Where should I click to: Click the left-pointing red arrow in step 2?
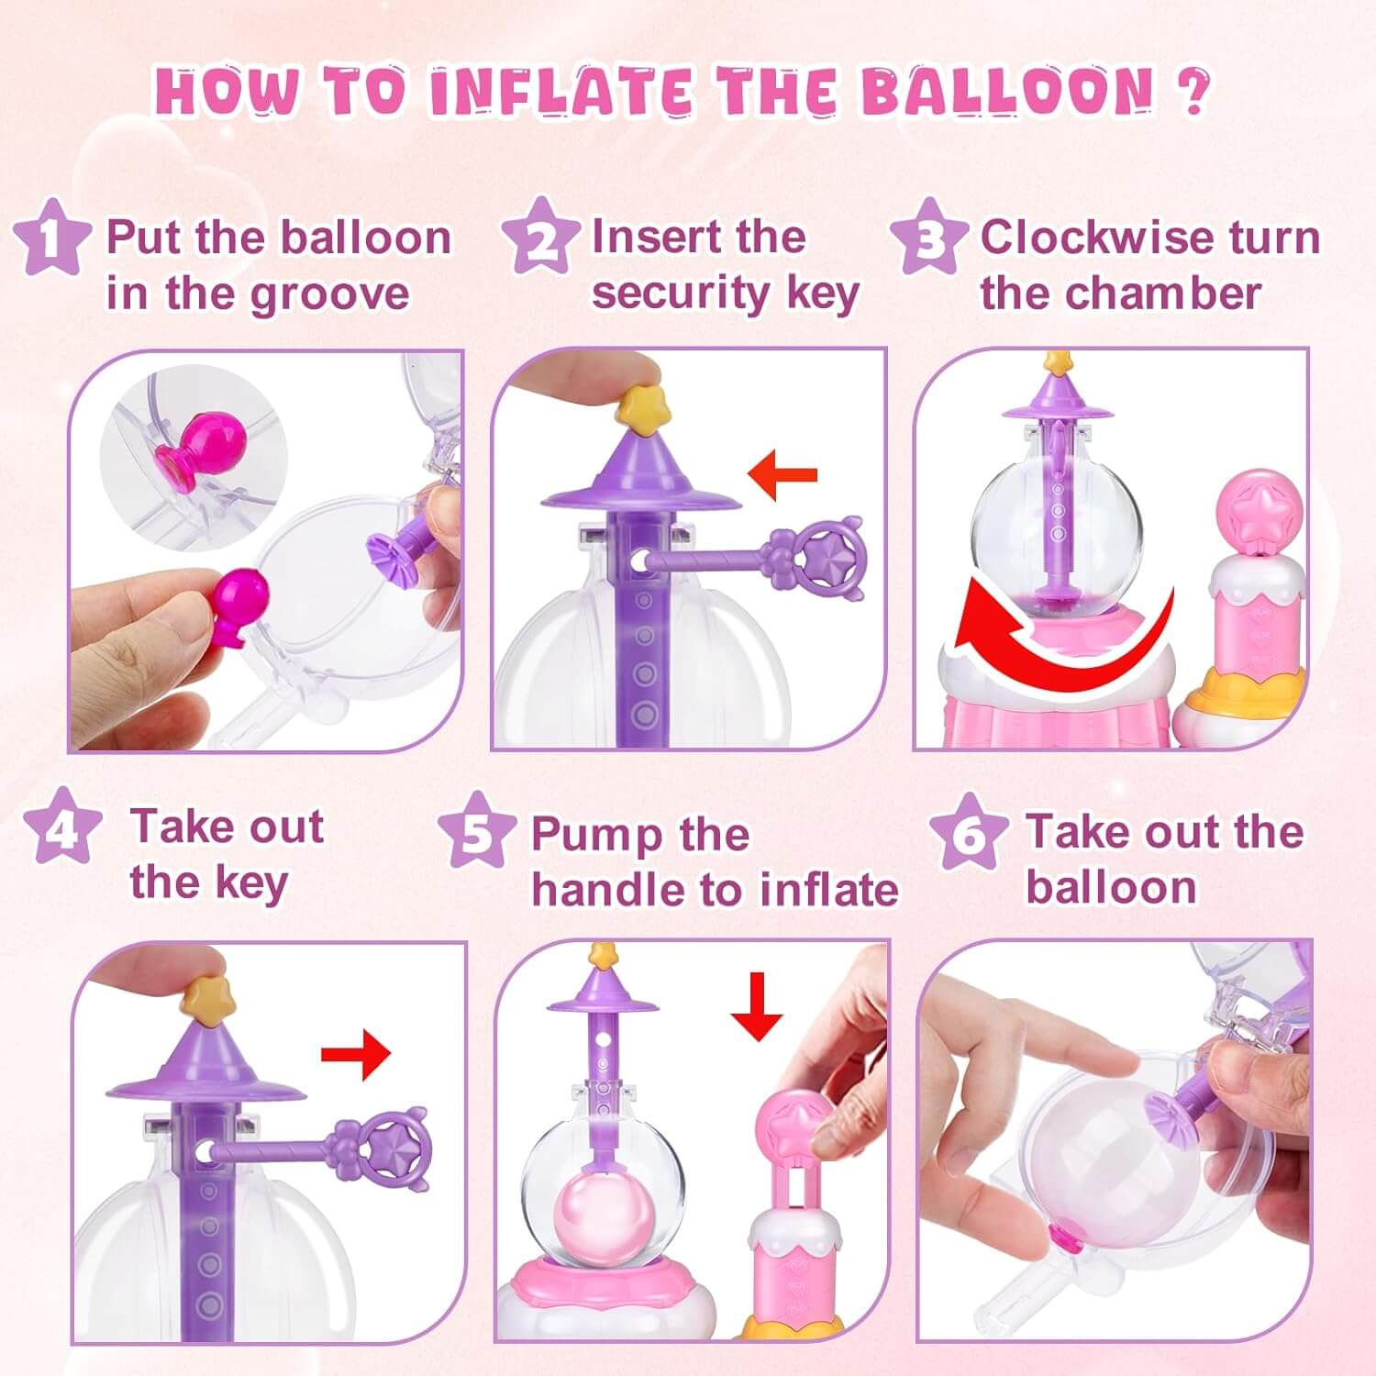tap(782, 474)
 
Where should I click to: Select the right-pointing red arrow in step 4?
tap(356, 1053)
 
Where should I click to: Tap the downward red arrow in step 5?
tap(756, 1006)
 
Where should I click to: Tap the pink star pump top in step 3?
tap(1254, 505)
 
